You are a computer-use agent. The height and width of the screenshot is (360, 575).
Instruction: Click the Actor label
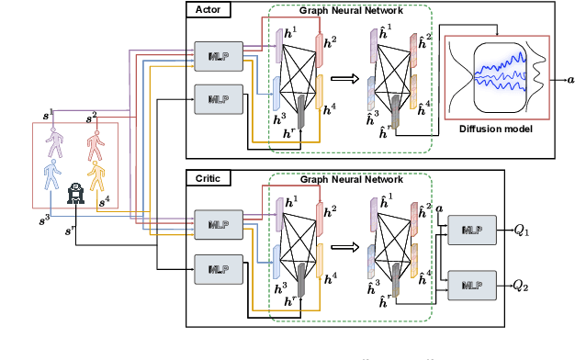click(x=204, y=9)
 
